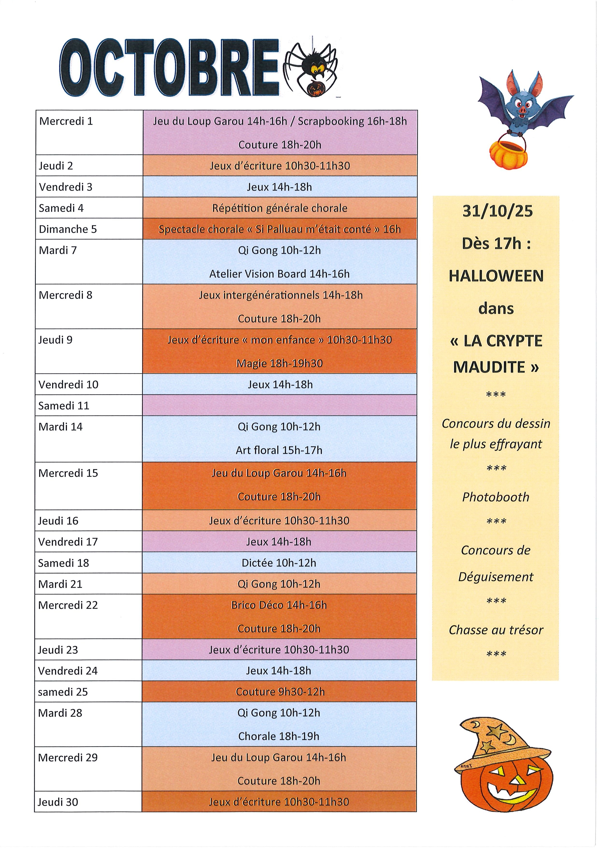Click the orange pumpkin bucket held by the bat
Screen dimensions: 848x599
(509, 152)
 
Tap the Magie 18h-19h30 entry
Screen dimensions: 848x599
(279, 363)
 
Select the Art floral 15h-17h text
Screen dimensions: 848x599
(279, 450)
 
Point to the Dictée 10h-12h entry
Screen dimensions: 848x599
(279, 563)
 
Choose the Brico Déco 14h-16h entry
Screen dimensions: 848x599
(279, 605)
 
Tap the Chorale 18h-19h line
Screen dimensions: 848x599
(279, 737)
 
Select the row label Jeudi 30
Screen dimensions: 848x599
(58, 802)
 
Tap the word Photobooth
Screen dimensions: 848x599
(496, 497)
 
